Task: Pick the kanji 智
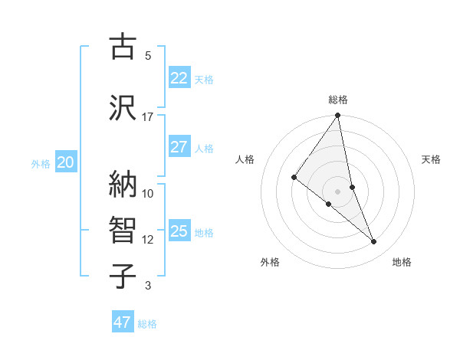[x=123, y=231]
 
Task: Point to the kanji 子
[x=123, y=276]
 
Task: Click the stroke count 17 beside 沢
[x=147, y=117]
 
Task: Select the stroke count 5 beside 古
[x=147, y=56]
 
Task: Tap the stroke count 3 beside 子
[x=147, y=286]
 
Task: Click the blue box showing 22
[x=179, y=78]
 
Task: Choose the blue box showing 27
[x=179, y=147]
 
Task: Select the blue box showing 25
[x=179, y=231]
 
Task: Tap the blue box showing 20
[x=66, y=162]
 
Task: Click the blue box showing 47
[x=123, y=322]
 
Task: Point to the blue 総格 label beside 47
[x=147, y=324]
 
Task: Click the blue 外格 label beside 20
[x=41, y=163]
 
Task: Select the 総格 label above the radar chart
[x=338, y=100]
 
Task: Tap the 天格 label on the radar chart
[x=431, y=159]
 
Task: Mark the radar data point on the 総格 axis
[x=337, y=116]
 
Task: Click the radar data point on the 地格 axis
[x=374, y=242]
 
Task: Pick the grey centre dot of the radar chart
[x=337, y=191]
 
